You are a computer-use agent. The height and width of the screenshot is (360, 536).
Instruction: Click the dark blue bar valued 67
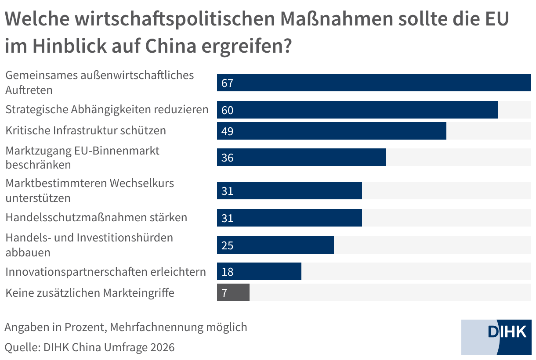(x=374, y=83)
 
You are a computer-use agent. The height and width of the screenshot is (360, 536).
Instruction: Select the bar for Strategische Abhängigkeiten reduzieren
(x=358, y=110)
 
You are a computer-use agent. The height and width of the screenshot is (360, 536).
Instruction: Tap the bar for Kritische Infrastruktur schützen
(x=332, y=131)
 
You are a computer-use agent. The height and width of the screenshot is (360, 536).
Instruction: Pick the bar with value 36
(x=301, y=157)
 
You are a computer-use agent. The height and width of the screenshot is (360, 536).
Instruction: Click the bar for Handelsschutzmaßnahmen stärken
(x=290, y=218)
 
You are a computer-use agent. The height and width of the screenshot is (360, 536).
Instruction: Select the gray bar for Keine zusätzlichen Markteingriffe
(x=233, y=292)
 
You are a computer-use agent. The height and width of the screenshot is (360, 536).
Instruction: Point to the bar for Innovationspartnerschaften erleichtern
(x=259, y=271)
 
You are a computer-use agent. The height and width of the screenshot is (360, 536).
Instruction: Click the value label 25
(x=227, y=245)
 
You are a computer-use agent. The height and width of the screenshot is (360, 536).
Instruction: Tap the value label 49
(x=227, y=131)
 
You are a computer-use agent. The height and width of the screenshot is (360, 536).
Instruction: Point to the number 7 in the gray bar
(x=224, y=293)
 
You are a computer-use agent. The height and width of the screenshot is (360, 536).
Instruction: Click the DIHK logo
(x=496, y=337)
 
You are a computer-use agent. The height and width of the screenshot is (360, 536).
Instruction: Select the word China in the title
(x=171, y=46)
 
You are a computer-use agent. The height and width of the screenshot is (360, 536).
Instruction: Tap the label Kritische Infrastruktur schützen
(x=86, y=130)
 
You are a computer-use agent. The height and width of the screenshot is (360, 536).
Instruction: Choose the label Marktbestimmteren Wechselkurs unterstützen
(x=90, y=191)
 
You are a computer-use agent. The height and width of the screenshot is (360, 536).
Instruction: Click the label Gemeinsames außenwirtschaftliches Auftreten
(x=100, y=83)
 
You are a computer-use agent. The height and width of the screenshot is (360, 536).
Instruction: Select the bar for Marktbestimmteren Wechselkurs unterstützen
(x=290, y=191)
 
